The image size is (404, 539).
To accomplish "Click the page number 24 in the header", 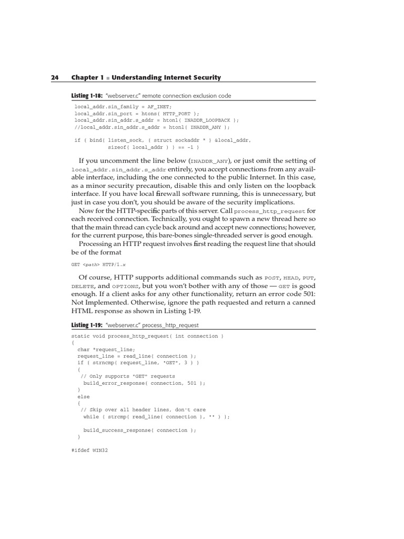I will tap(54, 77).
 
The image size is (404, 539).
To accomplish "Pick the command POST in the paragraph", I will tap(271, 277).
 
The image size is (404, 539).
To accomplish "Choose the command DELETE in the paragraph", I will tap(82, 286).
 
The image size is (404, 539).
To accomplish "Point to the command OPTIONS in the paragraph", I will tap(125, 286).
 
